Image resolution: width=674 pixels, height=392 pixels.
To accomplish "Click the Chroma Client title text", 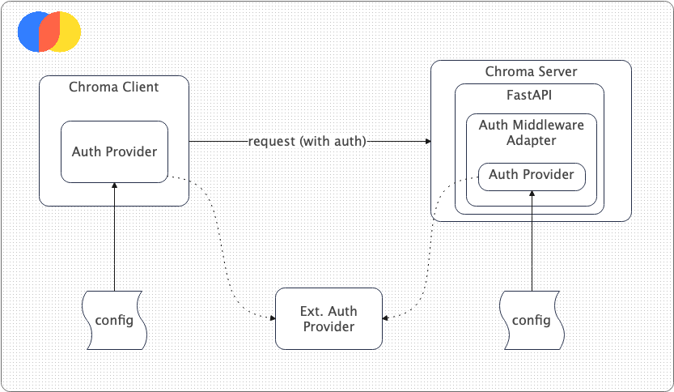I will (113, 87).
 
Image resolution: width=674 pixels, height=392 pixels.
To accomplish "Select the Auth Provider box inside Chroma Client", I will (114, 151).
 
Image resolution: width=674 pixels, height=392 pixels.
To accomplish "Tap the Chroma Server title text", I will (531, 72).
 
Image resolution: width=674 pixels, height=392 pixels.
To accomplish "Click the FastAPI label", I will (529, 95).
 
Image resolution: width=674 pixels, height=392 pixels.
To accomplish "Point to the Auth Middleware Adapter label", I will (531, 132).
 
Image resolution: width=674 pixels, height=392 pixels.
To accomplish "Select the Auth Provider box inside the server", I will (532, 175).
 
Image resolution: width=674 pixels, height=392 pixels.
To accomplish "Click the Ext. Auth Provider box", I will (328, 319).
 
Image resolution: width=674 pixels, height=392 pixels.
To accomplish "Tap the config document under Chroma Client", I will (114, 319).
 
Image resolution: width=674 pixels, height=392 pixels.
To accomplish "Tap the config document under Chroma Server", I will (532, 319).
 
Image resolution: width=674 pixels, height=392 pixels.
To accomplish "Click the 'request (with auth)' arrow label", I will (307, 142).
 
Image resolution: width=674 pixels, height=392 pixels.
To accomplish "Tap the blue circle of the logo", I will (29, 32).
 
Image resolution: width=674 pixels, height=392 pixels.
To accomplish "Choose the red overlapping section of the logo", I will (50, 32).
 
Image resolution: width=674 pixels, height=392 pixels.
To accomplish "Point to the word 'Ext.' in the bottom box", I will (313, 312).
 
